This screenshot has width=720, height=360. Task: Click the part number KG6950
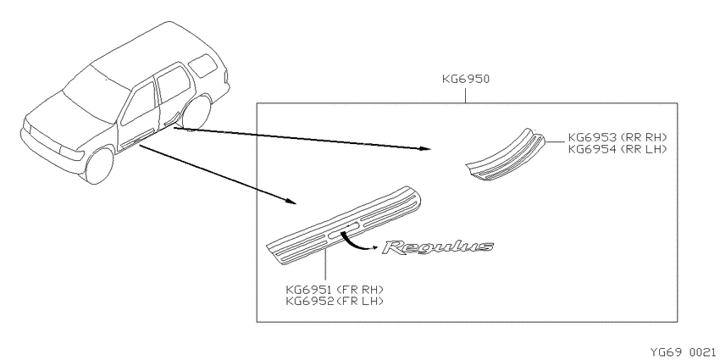coord(466,79)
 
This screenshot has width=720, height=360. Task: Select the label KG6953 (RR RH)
coord(618,137)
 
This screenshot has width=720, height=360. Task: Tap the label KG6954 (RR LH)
coord(618,149)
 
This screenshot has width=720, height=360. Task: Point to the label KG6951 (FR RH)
coord(335,290)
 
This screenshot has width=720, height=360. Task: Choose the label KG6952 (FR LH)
coord(335,302)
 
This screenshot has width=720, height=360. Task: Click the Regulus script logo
coord(438,247)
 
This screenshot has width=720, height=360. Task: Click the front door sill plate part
coord(345,225)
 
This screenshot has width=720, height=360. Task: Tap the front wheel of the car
coord(99,166)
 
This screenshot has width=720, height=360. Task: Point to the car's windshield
coord(96,94)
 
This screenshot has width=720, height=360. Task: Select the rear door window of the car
coord(173,84)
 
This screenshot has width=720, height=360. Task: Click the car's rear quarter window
coord(203,66)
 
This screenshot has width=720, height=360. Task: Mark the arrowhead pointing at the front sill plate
coord(291,201)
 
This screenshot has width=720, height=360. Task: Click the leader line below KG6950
coord(466,95)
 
